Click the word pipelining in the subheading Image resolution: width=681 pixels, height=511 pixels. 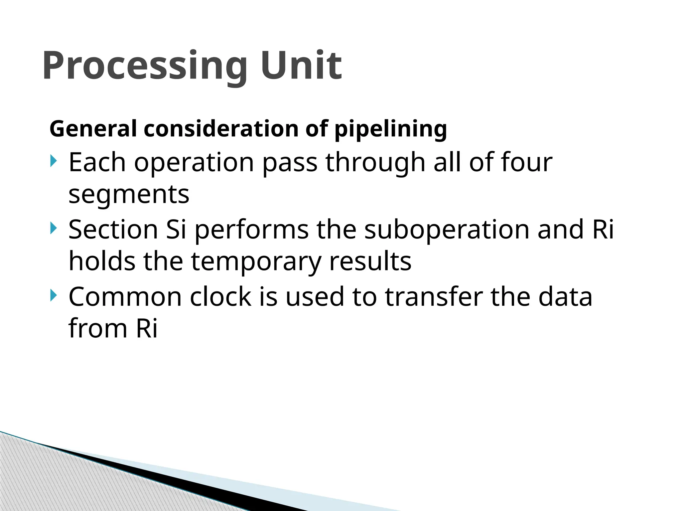390,129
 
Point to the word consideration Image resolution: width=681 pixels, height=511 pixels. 221,129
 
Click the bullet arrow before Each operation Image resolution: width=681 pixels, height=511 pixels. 54,161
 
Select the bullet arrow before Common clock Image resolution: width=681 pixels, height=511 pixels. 54,295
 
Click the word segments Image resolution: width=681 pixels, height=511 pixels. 129,195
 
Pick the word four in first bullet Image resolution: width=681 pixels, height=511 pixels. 527,162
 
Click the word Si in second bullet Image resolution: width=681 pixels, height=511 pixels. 176,229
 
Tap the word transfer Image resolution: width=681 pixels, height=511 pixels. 434,296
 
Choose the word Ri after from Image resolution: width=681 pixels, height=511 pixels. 147,328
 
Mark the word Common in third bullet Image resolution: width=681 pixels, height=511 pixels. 125,296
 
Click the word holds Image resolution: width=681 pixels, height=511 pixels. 102,261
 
